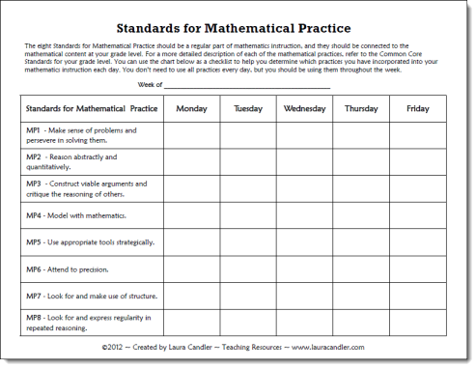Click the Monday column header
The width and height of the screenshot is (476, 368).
click(191, 109)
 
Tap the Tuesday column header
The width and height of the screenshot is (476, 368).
click(248, 109)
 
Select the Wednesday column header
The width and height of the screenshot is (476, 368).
click(304, 109)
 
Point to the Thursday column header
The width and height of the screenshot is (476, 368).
click(361, 109)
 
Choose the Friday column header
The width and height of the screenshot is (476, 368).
click(418, 109)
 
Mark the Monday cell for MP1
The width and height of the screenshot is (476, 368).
click(191, 135)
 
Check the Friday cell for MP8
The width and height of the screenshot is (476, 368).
click(418, 322)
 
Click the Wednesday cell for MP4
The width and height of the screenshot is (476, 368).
click(304, 215)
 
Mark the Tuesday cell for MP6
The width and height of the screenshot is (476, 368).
click(248, 269)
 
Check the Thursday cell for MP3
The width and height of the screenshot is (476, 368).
click(361, 188)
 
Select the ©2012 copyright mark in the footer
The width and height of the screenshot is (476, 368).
click(114, 345)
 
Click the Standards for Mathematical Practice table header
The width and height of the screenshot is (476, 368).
click(92, 109)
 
